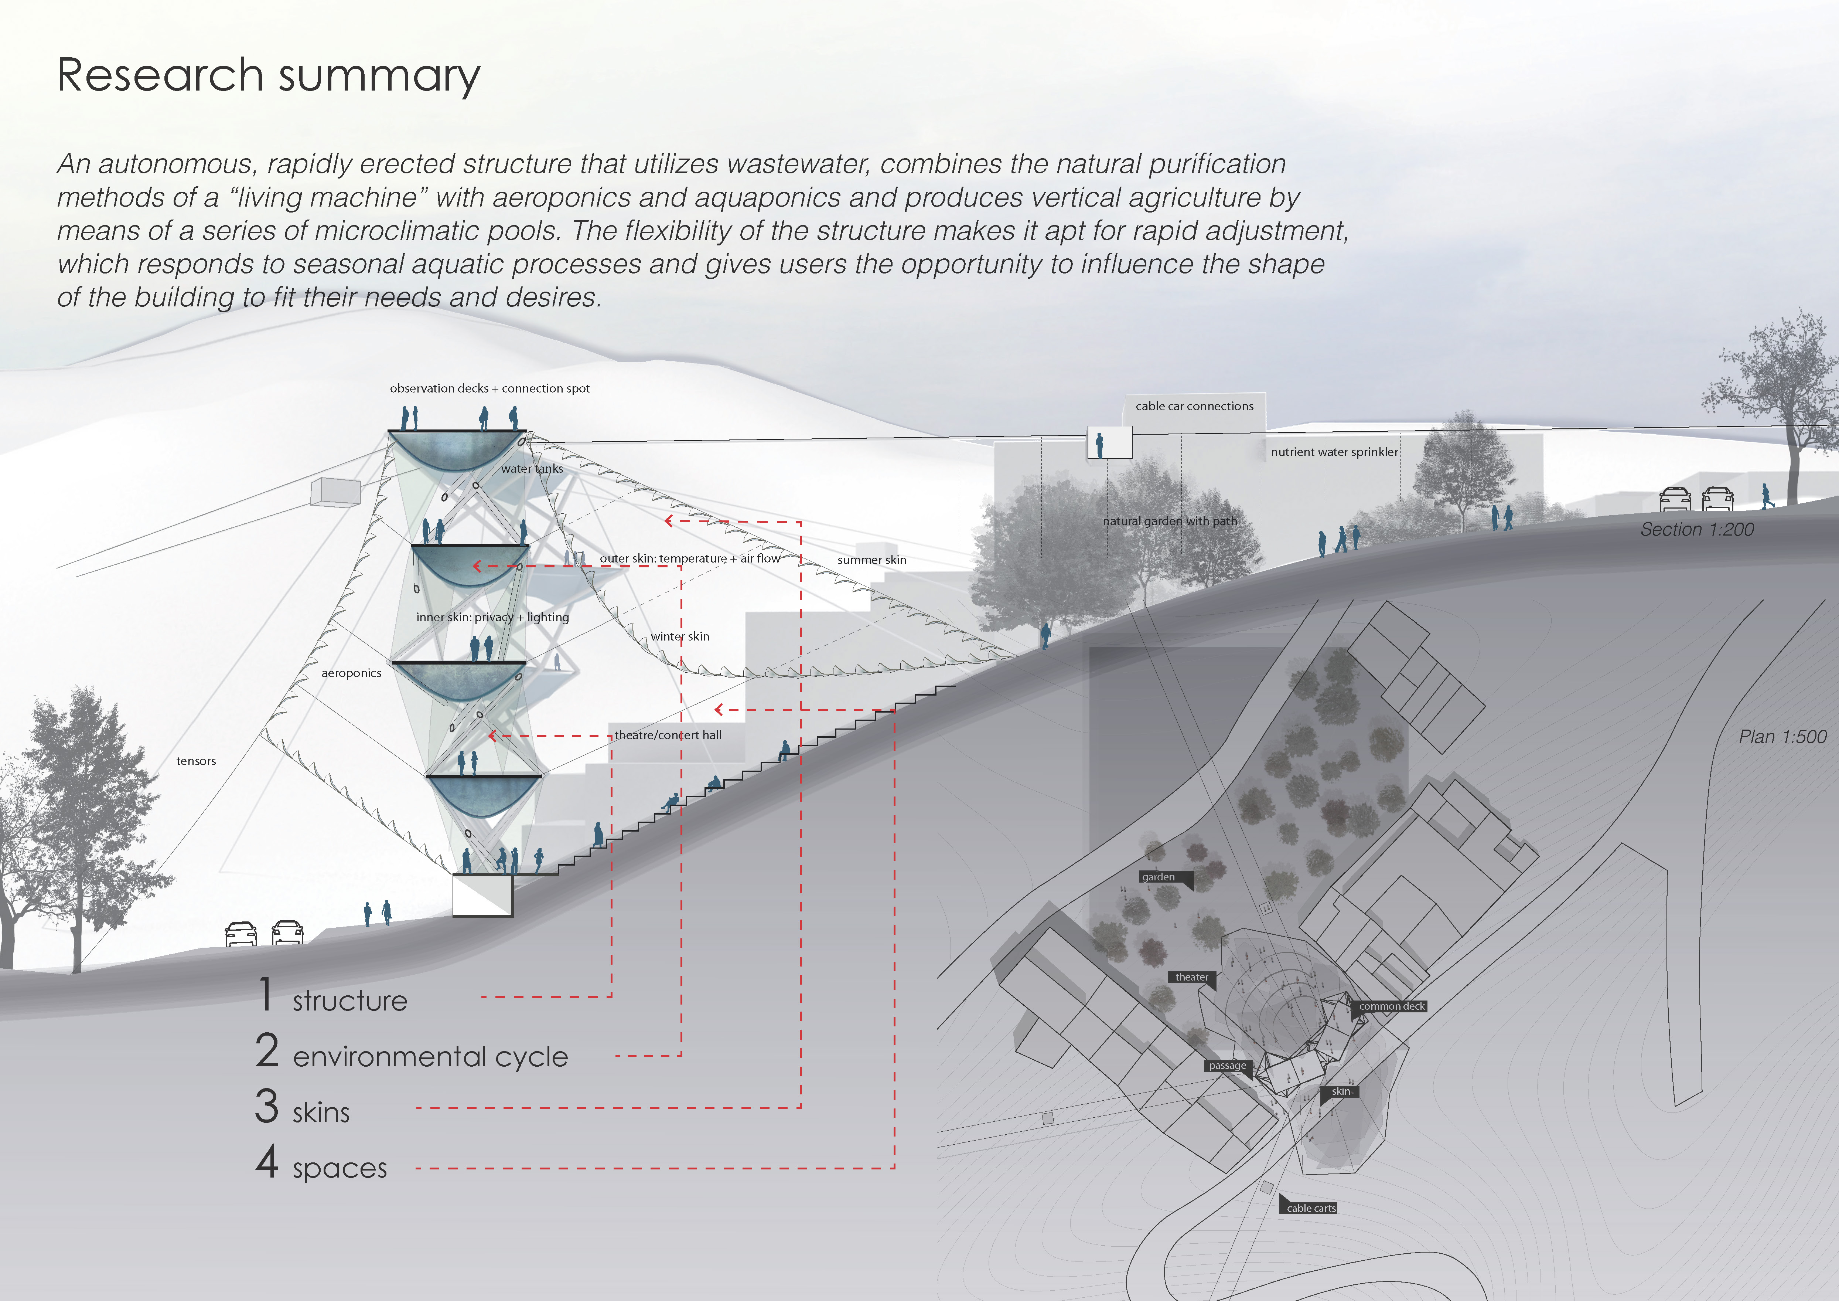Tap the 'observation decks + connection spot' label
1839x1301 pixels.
point(489,388)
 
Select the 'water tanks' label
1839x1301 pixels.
point(532,469)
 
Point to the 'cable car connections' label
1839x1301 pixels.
point(1194,406)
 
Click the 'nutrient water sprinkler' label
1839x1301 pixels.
point(1334,452)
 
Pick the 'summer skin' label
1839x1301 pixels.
point(871,560)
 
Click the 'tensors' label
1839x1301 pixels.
point(196,761)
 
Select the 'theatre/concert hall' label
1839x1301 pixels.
point(668,735)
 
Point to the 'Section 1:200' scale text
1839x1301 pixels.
point(1696,530)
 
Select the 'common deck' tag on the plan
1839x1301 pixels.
point(1392,1006)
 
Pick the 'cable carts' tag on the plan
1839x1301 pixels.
point(1311,1208)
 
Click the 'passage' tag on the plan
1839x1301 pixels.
point(1227,1066)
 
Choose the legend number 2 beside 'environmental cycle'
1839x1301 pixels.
point(267,1050)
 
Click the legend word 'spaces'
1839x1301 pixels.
point(340,1168)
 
